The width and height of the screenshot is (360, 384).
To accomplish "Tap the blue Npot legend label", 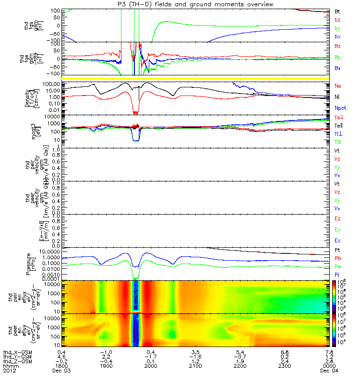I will point(340,108).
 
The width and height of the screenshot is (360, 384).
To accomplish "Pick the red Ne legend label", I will point(337,86).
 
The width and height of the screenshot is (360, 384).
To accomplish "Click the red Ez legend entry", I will point(337,218).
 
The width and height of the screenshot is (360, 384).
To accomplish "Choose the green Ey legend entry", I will point(337,229).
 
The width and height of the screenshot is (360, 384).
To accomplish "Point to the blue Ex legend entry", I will point(337,240).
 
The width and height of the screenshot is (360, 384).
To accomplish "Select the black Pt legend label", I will point(337,251).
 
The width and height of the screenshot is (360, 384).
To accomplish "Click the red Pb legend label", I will point(337,258).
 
